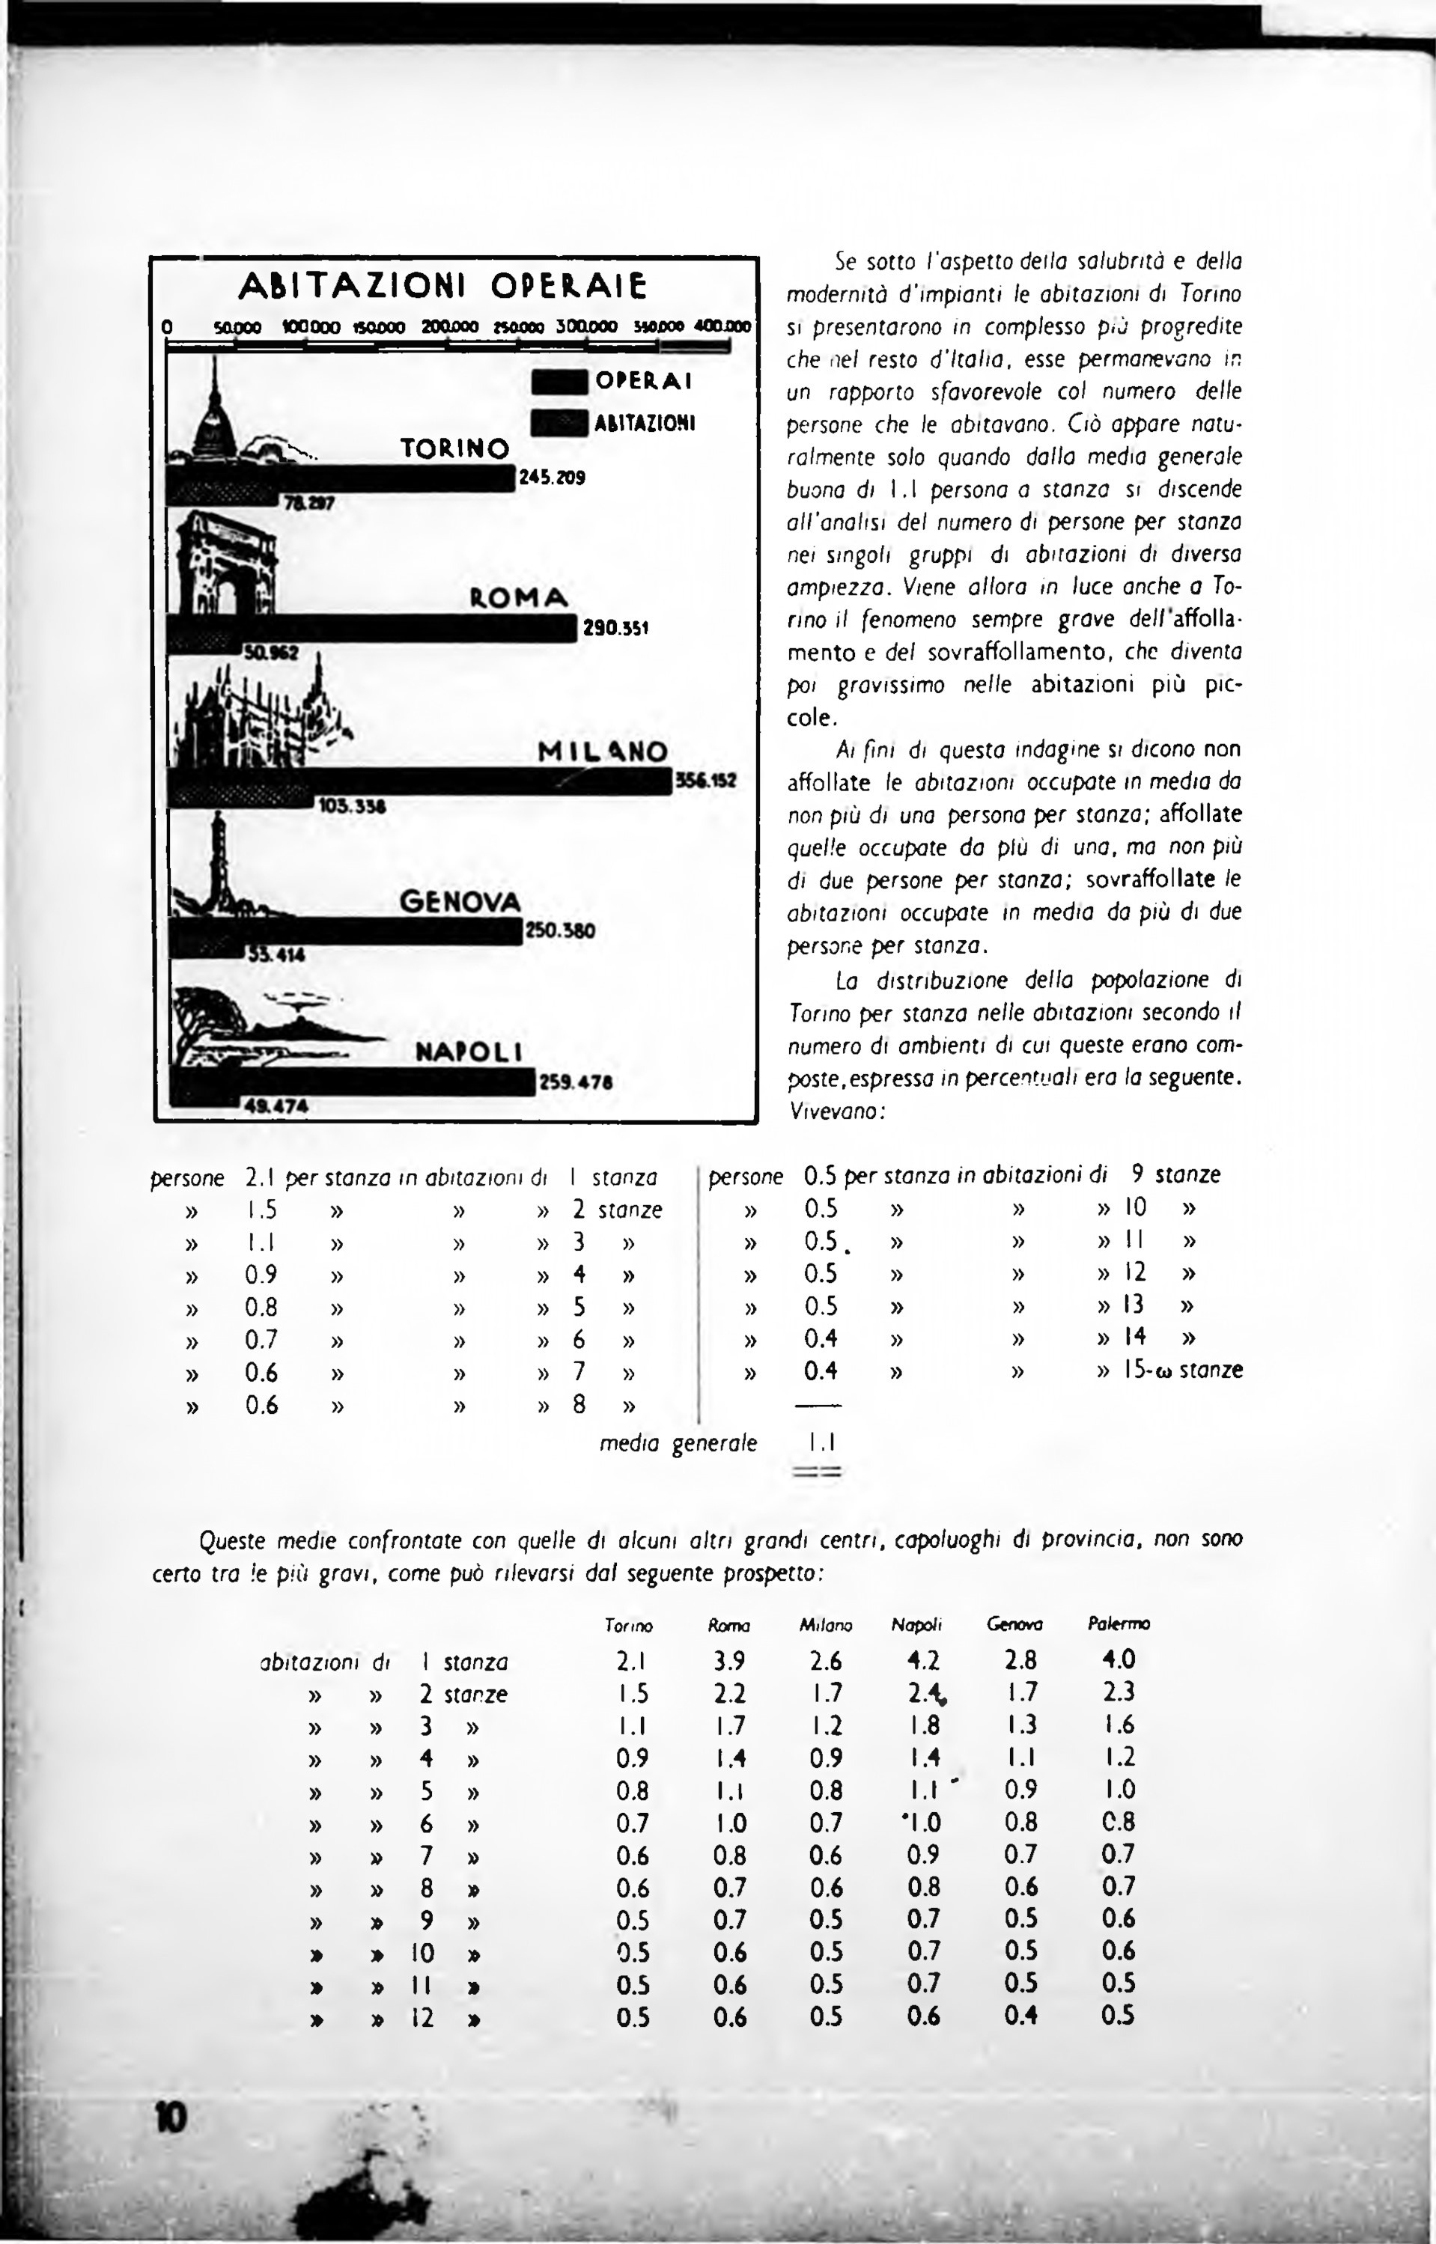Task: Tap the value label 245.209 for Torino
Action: (552, 478)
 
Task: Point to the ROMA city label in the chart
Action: (518, 597)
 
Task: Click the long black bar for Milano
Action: (419, 781)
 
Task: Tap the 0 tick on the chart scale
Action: (167, 327)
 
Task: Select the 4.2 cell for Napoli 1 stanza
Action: (923, 1660)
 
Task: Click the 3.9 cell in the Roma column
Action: (729, 1660)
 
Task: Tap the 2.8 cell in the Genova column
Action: (1021, 1660)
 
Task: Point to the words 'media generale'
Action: (678, 1443)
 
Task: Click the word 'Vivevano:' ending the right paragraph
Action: (836, 1112)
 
